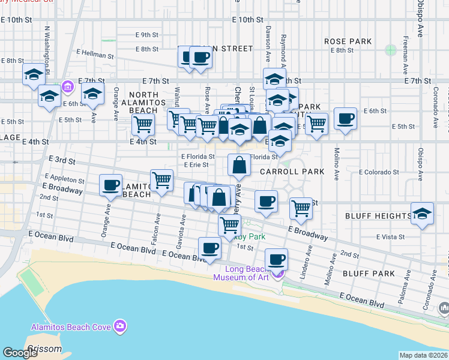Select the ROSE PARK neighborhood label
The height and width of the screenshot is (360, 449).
348,41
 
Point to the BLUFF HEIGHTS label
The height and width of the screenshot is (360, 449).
376,216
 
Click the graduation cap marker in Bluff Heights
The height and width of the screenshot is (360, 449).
422,214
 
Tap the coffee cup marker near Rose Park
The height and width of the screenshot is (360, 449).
345,119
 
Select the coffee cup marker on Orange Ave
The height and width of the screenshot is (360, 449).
110,185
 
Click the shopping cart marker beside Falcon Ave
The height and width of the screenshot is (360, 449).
161,180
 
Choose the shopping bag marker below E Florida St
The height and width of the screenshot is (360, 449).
239,165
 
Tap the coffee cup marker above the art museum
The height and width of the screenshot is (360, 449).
276,260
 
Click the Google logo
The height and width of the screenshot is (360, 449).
20,353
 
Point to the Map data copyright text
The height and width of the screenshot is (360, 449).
423,355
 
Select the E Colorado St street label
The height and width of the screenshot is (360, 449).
379,172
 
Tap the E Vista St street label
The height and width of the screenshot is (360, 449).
391,237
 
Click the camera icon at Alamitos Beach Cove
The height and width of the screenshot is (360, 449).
121,326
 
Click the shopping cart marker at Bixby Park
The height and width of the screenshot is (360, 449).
229,226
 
